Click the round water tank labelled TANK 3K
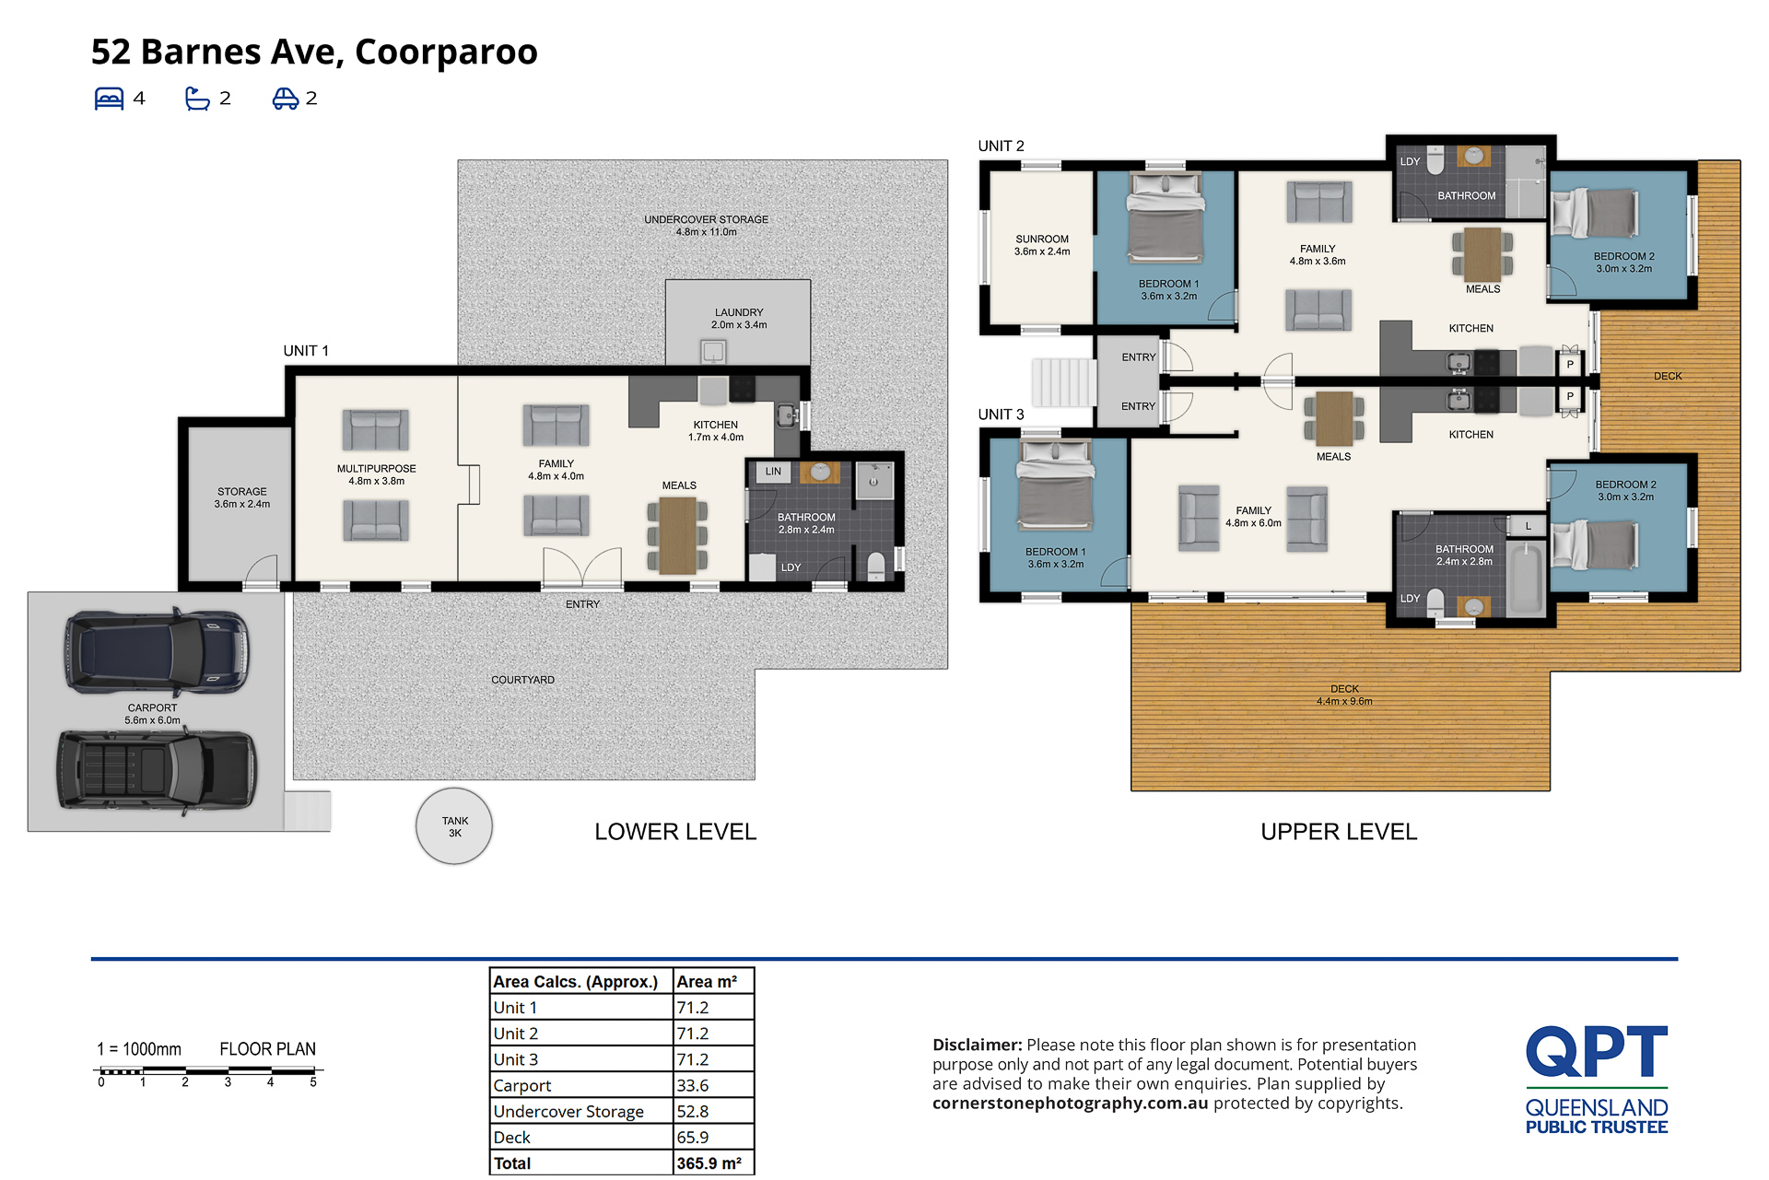click(454, 826)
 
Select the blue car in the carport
click(156, 652)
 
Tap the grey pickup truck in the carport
click(157, 770)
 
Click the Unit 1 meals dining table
click(677, 535)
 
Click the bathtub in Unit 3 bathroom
click(1525, 578)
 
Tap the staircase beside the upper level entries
click(1063, 382)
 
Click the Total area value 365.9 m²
click(709, 1163)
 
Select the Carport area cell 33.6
click(693, 1086)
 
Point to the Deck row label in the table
click(512, 1138)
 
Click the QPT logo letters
click(1597, 1052)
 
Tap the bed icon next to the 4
click(109, 99)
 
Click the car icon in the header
click(286, 99)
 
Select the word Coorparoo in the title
click(446, 52)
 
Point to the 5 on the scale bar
click(313, 1082)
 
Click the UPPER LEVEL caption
click(1339, 832)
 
